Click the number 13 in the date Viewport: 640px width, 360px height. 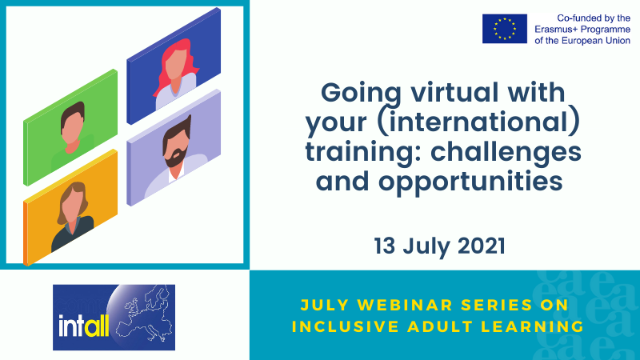pos(387,246)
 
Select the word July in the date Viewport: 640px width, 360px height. pos(430,246)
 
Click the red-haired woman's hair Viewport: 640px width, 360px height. pos(177,62)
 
